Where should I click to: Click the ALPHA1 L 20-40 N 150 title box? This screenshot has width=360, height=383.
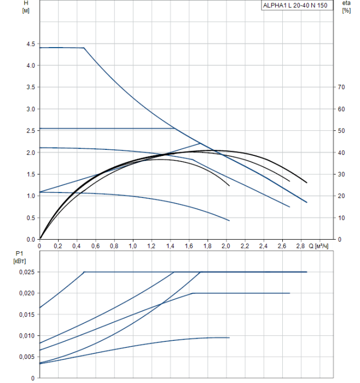[297, 5]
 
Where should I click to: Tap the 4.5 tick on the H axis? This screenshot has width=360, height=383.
[30, 44]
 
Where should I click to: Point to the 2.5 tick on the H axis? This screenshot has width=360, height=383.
[30, 131]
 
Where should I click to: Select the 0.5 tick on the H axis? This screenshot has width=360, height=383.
[30, 218]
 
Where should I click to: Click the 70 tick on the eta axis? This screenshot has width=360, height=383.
[341, 87]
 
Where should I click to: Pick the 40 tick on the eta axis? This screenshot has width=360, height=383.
[341, 153]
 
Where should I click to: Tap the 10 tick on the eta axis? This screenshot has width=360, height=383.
[341, 218]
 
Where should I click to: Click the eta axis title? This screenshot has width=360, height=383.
[346, 3]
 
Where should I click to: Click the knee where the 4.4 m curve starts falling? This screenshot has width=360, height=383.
[84, 48]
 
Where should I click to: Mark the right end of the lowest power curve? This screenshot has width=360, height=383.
[229, 338]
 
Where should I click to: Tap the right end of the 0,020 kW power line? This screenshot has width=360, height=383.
[289, 293]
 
